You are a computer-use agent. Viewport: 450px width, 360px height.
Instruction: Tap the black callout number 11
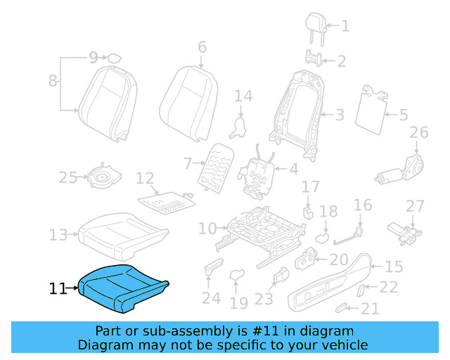(58, 288)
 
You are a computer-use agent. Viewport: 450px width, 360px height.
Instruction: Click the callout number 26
(418, 132)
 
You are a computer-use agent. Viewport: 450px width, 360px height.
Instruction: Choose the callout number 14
(243, 96)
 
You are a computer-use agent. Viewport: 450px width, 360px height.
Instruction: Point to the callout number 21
(370, 308)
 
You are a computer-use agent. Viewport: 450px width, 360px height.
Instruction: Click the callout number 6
(202, 47)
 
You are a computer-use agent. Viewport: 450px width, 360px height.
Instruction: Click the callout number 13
(58, 234)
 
